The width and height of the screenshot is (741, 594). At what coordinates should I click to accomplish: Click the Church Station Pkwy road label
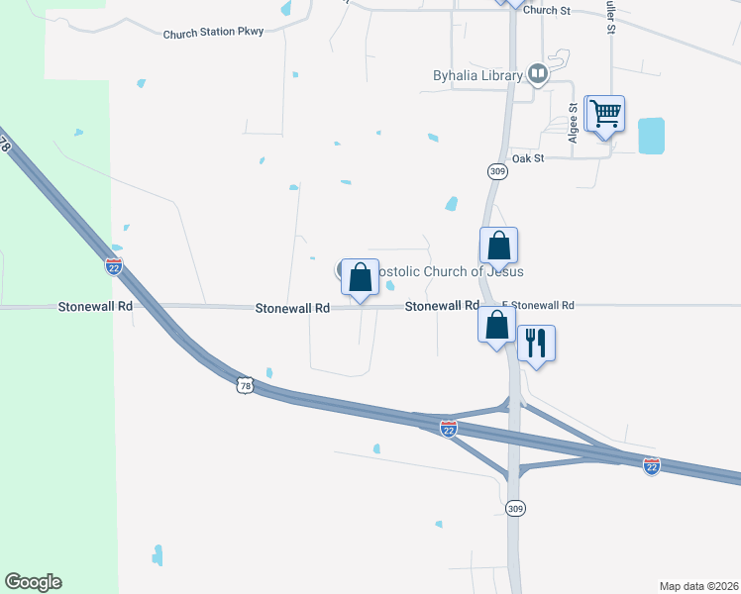coord(213,33)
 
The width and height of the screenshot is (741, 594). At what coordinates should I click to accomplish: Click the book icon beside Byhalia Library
coord(537,73)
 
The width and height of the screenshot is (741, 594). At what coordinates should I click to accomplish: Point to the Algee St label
coord(574,124)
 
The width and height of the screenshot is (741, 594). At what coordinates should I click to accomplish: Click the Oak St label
coord(528,158)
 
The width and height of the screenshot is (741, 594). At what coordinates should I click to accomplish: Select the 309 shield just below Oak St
coord(497,171)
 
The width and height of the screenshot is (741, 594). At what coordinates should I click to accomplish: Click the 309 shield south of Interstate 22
coord(514,508)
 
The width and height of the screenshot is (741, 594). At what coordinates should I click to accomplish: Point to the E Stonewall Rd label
coord(538,306)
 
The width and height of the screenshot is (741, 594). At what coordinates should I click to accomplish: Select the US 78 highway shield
coord(246,384)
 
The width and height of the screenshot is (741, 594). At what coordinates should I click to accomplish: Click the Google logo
coord(33,582)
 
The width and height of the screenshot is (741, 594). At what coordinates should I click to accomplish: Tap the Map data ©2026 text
coord(697,586)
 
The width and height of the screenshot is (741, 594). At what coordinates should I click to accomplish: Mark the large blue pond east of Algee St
coord(652,136)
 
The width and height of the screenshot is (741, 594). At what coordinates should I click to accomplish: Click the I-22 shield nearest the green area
coord(114,265)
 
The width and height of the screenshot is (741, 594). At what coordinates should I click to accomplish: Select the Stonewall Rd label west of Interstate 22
coord(95,307)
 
